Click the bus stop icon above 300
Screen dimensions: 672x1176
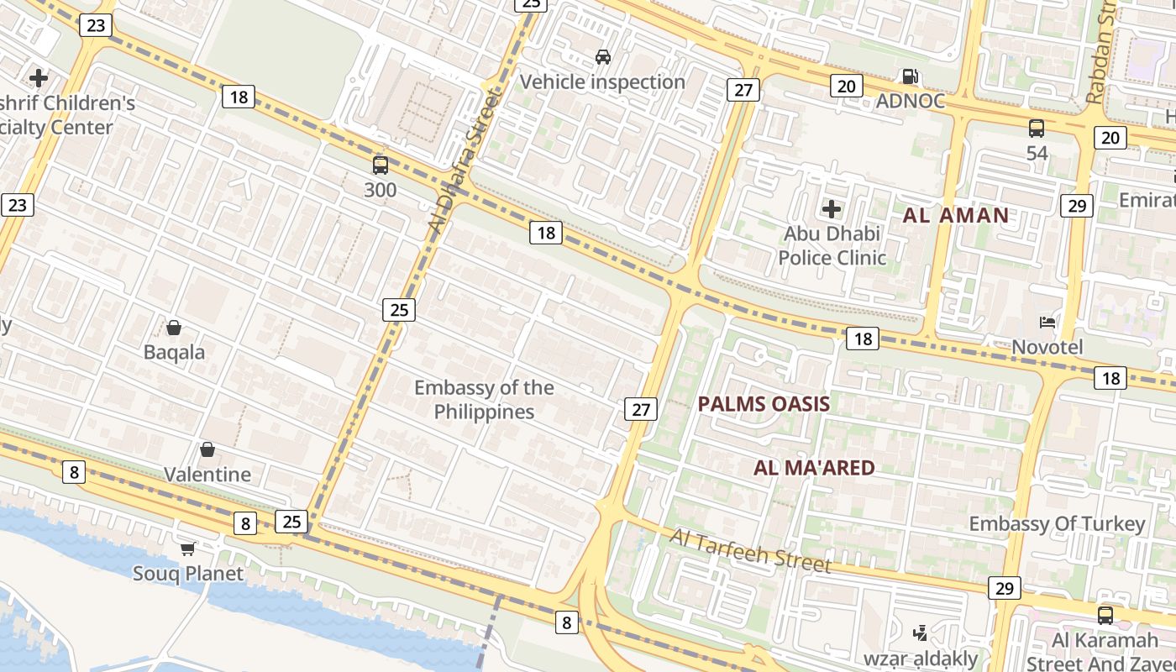point(381,165)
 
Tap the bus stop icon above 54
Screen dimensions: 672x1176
point(1037,129)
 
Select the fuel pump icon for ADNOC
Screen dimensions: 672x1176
point(910,76)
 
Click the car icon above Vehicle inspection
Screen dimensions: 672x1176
point(603,57)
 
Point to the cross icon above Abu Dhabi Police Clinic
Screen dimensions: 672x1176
point(832,208)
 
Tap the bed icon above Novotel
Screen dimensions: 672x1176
point(1047,323)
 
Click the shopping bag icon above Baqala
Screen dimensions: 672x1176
point(174,327)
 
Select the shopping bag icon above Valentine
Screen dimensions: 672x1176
point(207,449)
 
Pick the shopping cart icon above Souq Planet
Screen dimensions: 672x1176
point(188,549)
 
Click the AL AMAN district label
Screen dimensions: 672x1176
point(956,215)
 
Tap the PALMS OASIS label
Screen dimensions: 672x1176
point(764,404)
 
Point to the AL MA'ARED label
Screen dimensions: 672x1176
point(814,468)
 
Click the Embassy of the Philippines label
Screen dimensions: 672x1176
point(484,400)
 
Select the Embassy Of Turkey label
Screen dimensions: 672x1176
point(1057,524)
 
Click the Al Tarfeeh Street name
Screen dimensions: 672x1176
point(750,551)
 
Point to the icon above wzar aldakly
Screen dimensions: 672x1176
point(921,633)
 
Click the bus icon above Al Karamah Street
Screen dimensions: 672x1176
point(1105,615)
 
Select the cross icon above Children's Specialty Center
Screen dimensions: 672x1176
point(39,78)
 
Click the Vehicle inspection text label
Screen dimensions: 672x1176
point(603,82)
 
